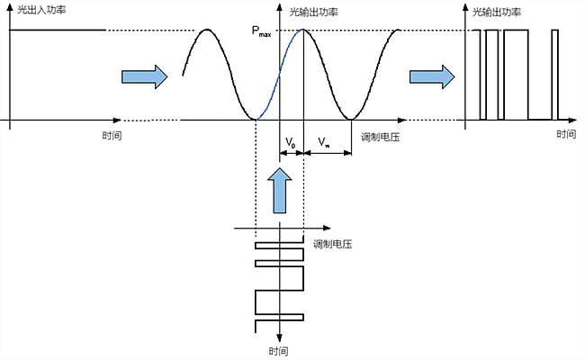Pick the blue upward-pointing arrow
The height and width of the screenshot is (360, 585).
coord(280,190)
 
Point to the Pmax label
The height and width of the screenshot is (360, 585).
coord(262,33)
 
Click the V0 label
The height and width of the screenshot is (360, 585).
coord(291,142)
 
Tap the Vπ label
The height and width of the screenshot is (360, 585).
coord(324,142)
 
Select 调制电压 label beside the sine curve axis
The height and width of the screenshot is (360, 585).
coord(380,137)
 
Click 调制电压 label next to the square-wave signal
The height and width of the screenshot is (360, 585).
coord(331,244)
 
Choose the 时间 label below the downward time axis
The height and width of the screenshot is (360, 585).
coord(279,350)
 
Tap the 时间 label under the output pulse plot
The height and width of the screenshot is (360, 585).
coord(566,135)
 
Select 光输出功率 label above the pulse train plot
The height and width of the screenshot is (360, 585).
coord(497,13)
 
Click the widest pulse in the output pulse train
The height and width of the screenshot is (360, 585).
coord(516,72)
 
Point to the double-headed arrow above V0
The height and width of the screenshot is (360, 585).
coord(292,154)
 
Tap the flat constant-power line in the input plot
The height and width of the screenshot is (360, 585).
coord(58,31)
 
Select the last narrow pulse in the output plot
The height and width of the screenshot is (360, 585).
coord(555,72)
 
